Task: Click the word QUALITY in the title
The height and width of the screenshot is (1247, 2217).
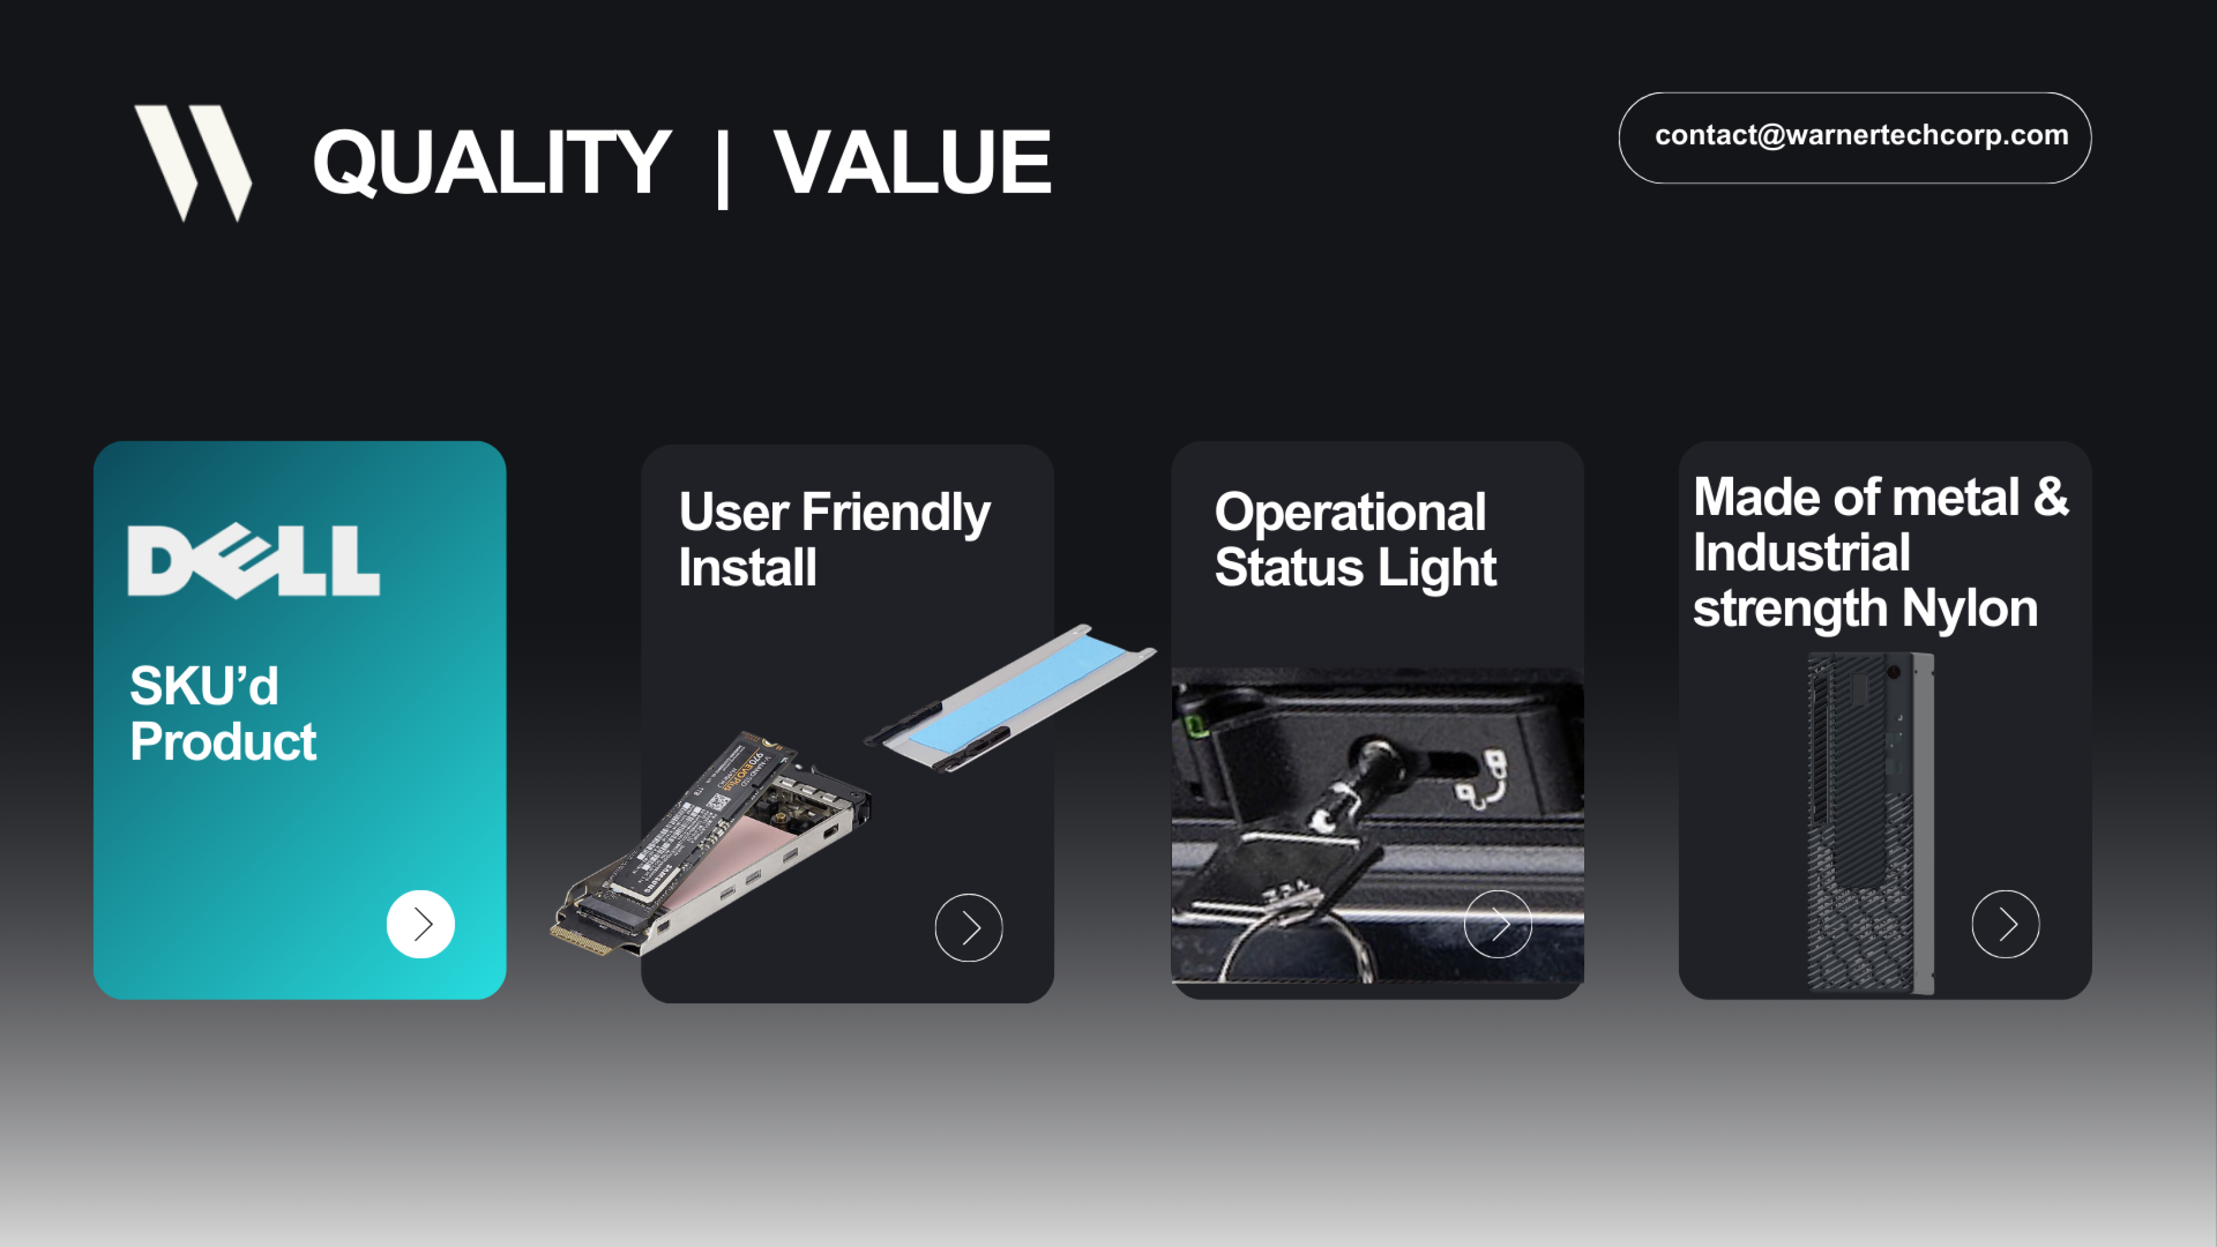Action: (x=491, y=161)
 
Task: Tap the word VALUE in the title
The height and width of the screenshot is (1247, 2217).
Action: (x=911, y=161)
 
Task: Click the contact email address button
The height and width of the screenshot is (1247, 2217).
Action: (x=1855, y=137)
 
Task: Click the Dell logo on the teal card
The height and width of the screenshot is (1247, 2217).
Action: (x=253, y=561)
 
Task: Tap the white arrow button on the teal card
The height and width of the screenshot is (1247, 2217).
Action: (x=420, y=924)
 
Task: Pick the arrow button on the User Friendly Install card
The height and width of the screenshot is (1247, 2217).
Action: (x=968, y=928)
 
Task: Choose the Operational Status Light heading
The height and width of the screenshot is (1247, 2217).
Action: (x=1355, y=539)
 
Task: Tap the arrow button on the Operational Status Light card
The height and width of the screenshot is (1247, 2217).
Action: (x=1498, y=924)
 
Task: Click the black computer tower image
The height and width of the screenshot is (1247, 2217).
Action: (x=1869, y=822)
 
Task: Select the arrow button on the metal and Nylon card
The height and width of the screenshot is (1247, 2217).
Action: (x=2005, y=924)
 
